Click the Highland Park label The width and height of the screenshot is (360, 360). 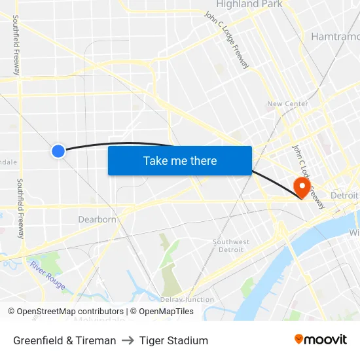(249, 5)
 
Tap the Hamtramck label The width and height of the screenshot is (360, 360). (334, 36)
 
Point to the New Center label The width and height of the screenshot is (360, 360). (287, 104)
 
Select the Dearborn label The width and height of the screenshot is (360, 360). (97, 219)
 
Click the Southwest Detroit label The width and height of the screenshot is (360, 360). (231, 245)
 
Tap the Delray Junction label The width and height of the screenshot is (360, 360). (187, 300)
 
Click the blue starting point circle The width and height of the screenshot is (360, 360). (58, 151)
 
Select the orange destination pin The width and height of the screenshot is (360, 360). (302, 186)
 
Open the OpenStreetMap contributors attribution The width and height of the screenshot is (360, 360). (70, 312)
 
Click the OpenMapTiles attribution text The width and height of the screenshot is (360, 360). (166, 312)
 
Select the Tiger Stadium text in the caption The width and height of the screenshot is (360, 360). (173, 340)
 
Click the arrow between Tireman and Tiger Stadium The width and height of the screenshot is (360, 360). (128, 340)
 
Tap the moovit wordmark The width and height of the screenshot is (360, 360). (325, 340)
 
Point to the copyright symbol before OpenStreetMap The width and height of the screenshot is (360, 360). (12, 312)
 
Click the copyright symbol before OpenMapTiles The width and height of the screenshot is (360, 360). (134, 312)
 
